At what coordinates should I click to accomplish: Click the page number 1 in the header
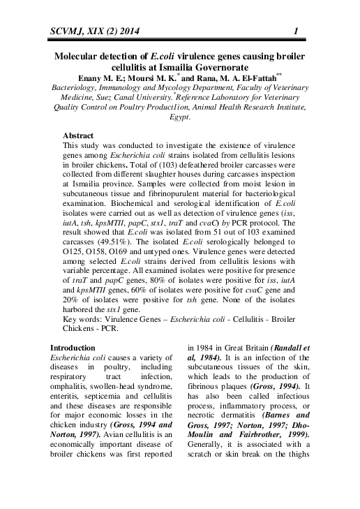pyautogui.click(x=297, y=30)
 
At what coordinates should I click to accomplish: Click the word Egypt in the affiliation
pyautogui.click(x=179, y=118)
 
